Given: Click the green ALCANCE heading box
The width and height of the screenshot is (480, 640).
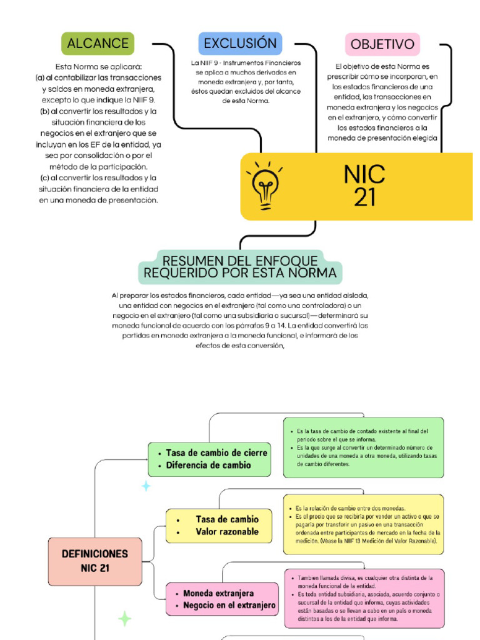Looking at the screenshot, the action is [x=97, y=44].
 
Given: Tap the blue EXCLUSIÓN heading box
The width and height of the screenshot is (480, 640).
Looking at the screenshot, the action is [x=240, y=44].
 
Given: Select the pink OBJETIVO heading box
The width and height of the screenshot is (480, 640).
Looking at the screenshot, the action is [x=382, y=44].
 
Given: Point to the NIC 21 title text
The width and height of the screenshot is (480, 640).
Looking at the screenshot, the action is [x=364, y=186].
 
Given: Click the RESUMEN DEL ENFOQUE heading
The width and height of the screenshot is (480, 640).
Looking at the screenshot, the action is [x=240, y=267].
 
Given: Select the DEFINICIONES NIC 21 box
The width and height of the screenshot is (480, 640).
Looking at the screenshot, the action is [x=94, y=561].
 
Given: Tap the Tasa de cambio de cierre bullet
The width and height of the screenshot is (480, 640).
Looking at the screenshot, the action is [x=216, y=452].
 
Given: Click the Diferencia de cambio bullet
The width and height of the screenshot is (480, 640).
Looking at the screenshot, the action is [x=208, y=465].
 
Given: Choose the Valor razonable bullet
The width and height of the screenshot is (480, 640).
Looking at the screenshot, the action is [x=226, y=532].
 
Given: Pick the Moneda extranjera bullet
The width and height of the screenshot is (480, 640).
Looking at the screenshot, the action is [x=218, y=592].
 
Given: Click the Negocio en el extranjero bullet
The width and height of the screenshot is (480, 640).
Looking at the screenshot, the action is [x=229, y=605].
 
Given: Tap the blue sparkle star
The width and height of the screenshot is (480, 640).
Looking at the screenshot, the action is [x=146, y=486].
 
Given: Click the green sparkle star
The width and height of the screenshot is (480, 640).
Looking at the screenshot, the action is [x=125, y=619].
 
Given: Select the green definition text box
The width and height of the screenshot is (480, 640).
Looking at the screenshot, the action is [x=363, y=447].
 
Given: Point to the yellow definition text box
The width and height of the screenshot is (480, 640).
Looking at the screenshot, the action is [x=363, y=524].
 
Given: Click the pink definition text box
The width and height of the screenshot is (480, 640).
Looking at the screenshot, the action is [x=364, y=598].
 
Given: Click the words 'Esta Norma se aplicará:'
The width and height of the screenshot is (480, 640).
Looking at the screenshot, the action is [x=99, y=66].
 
